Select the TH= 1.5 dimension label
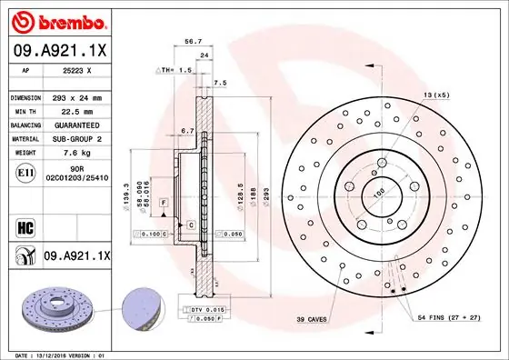click(x=176, y=70)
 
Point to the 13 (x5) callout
click(x=435, y=95)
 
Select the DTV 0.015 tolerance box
click(x=205, y=310)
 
